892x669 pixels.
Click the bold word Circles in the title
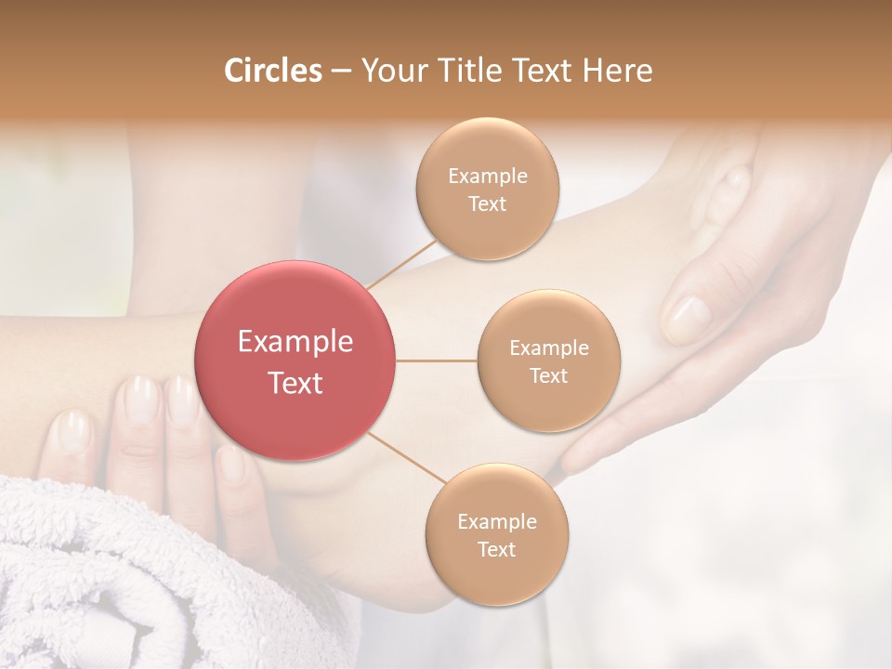(x=273, y=71)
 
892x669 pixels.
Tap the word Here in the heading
(x=616, y=71)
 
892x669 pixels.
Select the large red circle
(x=295, y=361)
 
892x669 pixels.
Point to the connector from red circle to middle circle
(x=436, y=361)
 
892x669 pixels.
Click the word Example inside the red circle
(x=295, y=342)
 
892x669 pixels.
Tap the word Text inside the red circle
(x=295, y=383)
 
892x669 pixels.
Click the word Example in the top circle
(x=487, y=177)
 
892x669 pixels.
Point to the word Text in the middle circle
(x=548, y=375)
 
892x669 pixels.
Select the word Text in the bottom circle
(x=496, y=549)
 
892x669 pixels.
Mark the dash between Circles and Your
(x=340, y=72)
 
